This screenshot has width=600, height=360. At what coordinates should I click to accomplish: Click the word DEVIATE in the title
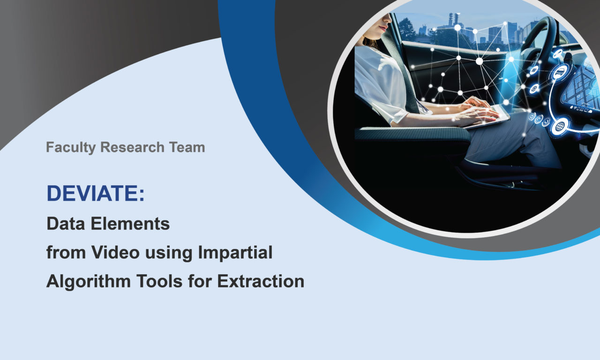click(93, 193)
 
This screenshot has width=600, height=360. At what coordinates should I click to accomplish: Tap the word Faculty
click(71, 148)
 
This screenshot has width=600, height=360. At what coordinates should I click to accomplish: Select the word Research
click(132, 147)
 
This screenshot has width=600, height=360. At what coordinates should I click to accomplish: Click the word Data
click(66, 224)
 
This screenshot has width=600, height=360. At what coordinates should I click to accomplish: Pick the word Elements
click(130, 224)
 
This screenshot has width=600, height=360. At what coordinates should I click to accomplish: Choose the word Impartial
click(235, 253)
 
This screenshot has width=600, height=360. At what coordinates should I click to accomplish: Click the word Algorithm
click(89, 282)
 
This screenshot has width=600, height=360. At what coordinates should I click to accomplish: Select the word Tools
click(159, 281)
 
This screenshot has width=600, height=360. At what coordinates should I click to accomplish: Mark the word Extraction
click(261, 281)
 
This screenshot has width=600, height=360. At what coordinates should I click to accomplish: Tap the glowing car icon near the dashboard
click(560, 72)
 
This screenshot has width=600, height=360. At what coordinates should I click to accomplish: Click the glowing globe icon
click(560, 127)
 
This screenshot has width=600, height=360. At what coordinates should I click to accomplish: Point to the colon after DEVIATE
click(142, 194)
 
